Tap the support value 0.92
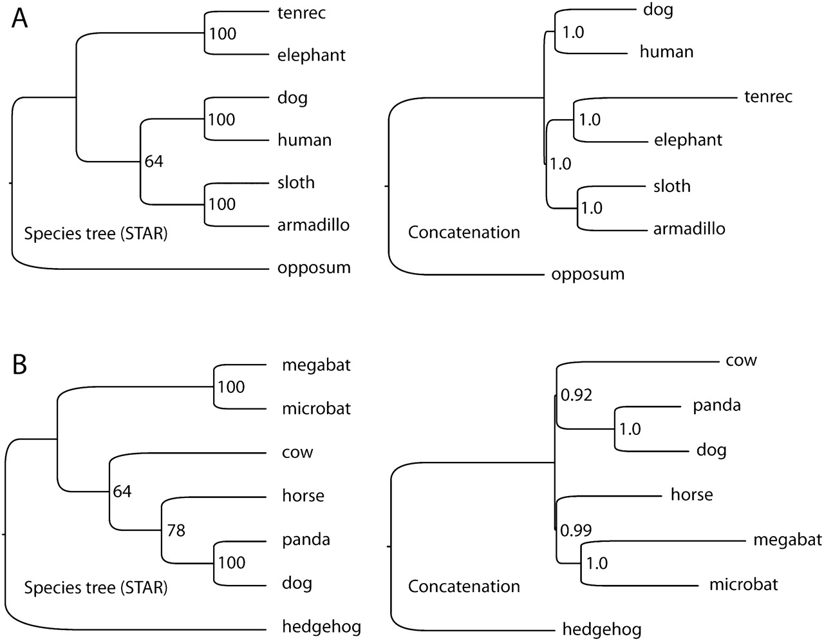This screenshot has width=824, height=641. click(x=577, y=395)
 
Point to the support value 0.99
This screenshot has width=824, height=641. click(x=576, y=530)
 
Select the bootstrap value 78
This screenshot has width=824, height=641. click(x=176, y=530)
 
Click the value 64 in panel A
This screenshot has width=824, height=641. click(x=154, y=161)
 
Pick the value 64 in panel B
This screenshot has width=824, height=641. click(x=122, y=492)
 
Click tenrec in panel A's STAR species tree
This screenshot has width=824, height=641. click(x=302, y=13)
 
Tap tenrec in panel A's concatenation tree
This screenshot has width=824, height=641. click(x=768, y=97)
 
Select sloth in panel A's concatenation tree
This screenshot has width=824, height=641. click(x=672, y=186)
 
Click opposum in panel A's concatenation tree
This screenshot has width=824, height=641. click(x=588, y=274)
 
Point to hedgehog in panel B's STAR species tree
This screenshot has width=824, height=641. click(x=321, y=626)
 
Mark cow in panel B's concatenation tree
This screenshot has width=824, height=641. click(x=741, y=360)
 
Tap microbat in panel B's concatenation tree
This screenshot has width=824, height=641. click(x=744, y=584)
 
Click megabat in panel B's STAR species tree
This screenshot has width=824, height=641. click(x=316, y=365)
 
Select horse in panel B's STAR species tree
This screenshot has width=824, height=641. click(x=303, y=495)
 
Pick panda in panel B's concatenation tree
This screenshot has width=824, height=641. click(x=716, y=405)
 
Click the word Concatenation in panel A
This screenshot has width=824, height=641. click(x=464, y=232)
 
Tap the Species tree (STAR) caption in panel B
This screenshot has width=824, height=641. click(x=95, y=588)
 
